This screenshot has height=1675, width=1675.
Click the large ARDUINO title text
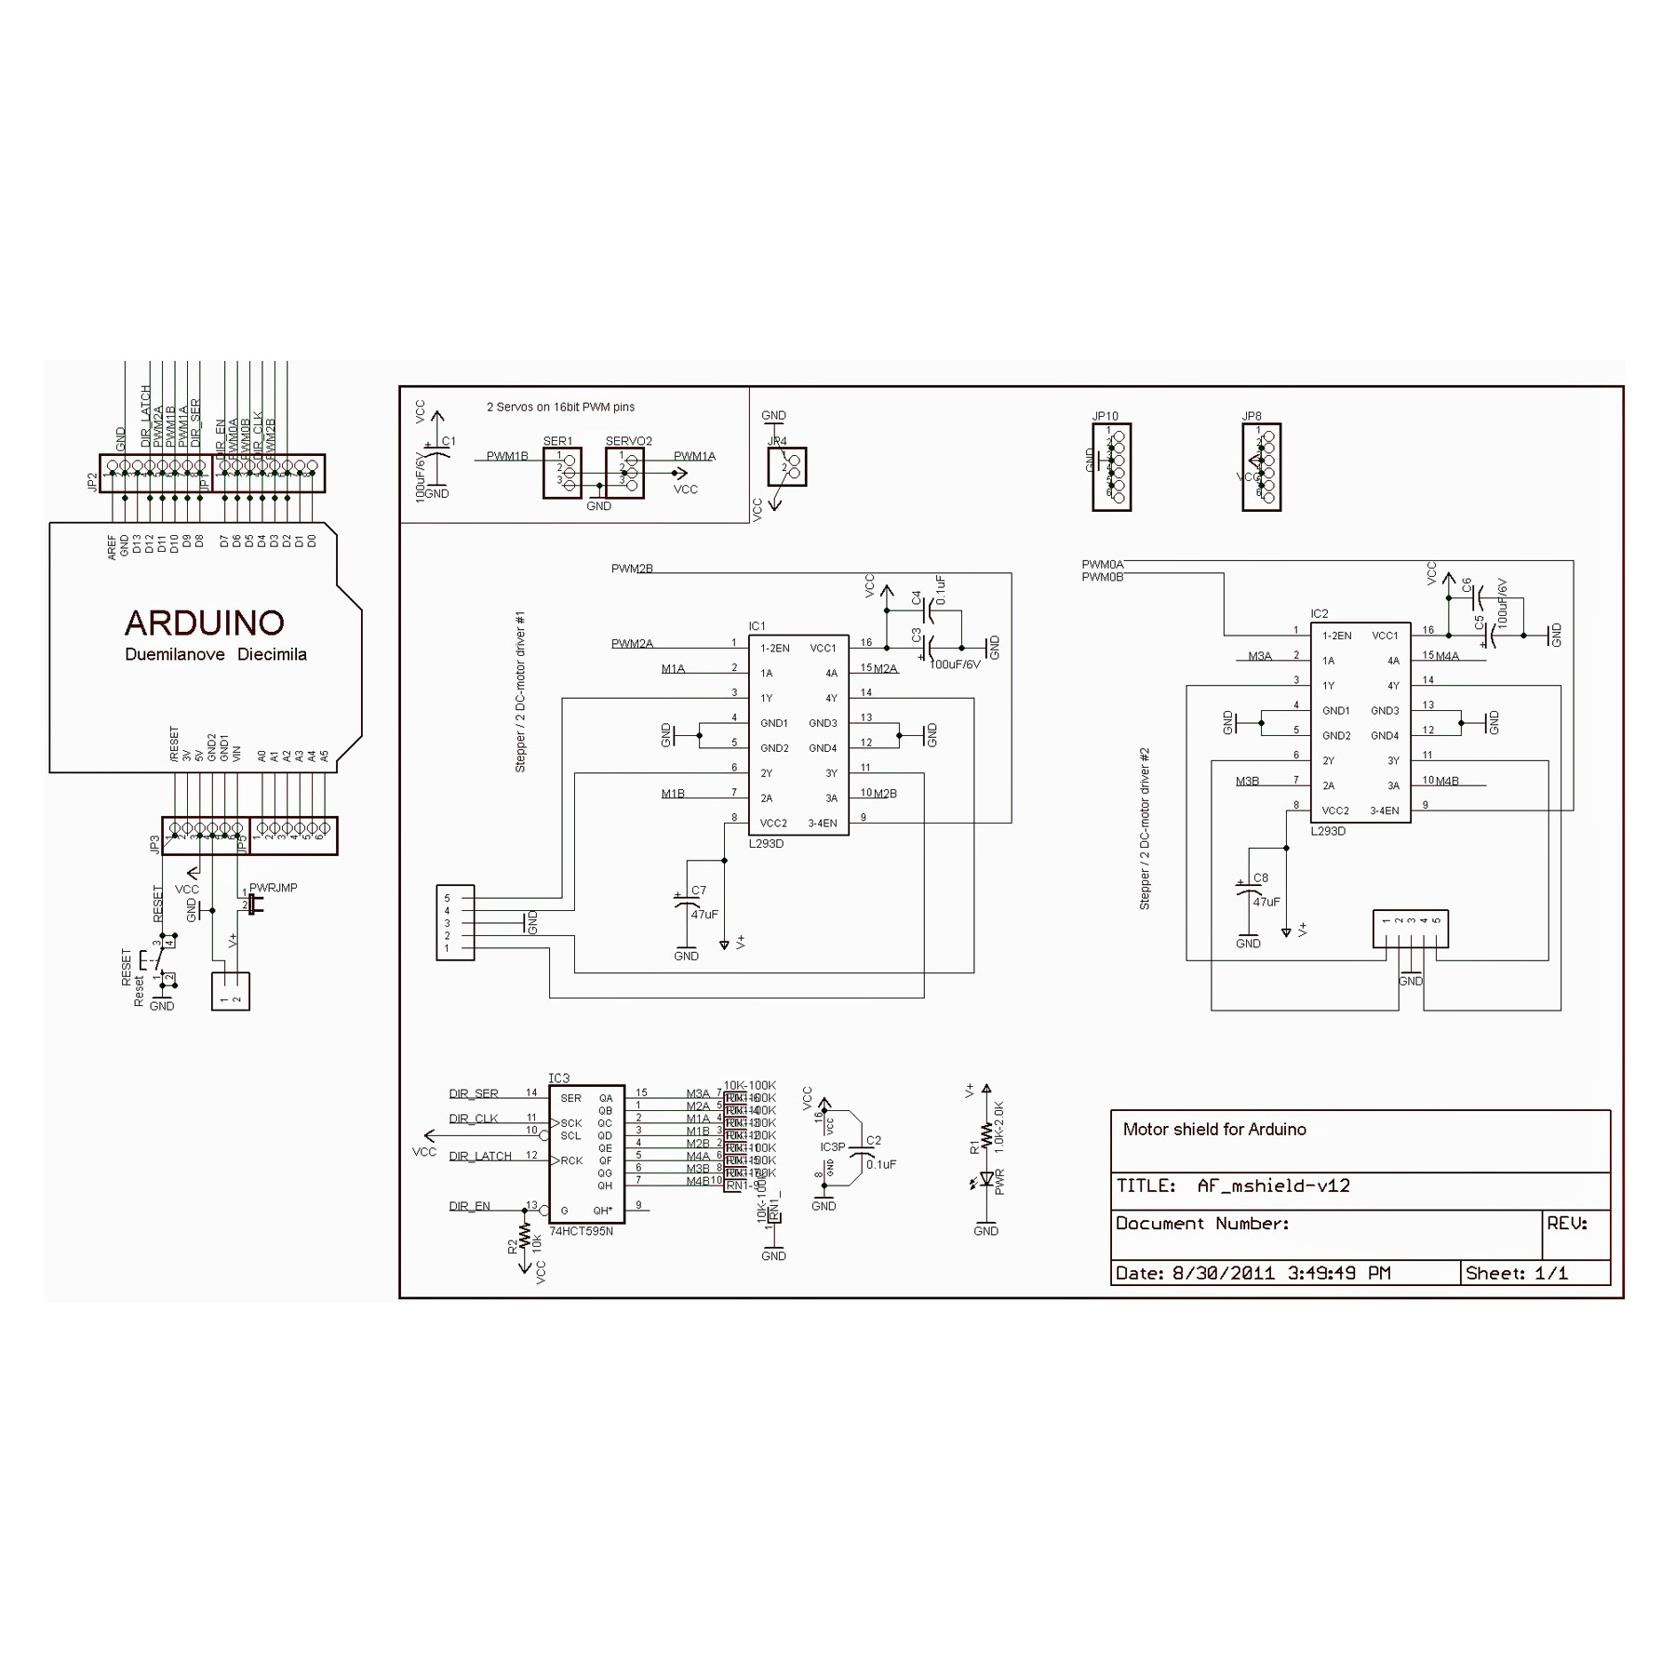click(204, 623)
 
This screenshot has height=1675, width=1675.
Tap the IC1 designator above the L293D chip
click(757, 626)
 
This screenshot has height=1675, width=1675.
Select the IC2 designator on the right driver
click(1319, 614)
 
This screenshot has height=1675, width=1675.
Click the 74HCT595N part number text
click(581, 1231)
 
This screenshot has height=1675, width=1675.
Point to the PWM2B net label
click(632, 569)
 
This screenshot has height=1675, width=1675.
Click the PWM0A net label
click(1102, 565)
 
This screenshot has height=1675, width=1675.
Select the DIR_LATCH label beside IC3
click(480, 1156)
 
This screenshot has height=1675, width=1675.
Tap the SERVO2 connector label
click(628, 441)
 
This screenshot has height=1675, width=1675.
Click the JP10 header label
click(1105, 417)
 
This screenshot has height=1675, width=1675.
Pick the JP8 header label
click(1252, 417)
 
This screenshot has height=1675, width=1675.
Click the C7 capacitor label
click(698, 891)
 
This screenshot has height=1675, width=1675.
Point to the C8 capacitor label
click(1260, 878)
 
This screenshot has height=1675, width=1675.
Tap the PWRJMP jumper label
click(273, 888)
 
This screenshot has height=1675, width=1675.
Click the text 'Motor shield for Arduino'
click(1213, 1130)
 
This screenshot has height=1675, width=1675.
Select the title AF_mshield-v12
click(1272, 1186)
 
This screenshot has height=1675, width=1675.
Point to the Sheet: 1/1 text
click(1516, 1273)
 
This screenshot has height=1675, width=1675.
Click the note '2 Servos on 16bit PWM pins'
click(560, 407)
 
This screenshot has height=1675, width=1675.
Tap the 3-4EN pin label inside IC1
click(822, 824)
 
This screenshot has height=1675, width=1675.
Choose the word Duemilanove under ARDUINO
click(175, 654)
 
